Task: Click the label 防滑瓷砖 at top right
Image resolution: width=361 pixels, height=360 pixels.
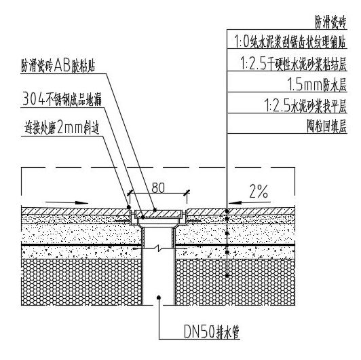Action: [x=330, y=22]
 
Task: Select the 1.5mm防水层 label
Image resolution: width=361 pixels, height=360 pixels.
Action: [x=317, y=85]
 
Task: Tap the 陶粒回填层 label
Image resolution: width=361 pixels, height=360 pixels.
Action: [x=326, y=126]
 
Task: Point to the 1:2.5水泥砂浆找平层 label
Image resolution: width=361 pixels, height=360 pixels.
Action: [x=305, y=105]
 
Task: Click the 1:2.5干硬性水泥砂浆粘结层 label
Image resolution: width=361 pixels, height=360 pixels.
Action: [x=294, y=64]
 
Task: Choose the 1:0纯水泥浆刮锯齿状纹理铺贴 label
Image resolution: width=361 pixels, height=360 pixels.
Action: [x=290, y=41]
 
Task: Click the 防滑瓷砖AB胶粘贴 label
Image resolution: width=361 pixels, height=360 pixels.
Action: [x=58, y=66]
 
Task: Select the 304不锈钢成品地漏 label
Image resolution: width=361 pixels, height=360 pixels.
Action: [x=62, y=99]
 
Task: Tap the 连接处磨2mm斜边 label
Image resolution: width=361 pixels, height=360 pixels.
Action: [x=62, y=128]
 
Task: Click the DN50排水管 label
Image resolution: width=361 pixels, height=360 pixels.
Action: [x=212, y=331]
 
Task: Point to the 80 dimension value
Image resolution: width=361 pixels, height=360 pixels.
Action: [x=158, y=188]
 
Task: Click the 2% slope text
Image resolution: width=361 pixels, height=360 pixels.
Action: [x=259, y=192]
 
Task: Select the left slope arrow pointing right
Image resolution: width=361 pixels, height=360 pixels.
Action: [x=67, y=203]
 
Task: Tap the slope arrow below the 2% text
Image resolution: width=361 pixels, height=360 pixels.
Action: [x=250, y=203]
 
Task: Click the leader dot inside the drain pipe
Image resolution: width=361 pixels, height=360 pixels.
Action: [x=158, y=298]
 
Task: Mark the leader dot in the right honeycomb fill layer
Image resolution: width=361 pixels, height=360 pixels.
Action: [x=227, y=276]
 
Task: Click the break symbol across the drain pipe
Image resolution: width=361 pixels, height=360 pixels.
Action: [x=158, y=249]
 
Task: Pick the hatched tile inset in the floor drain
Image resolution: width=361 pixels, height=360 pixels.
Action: [x=158, y=214]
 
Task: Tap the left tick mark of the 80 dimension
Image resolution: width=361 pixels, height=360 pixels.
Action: [x=130, y=193]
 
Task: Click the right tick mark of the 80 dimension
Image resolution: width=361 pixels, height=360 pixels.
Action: [x=187, y=193]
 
